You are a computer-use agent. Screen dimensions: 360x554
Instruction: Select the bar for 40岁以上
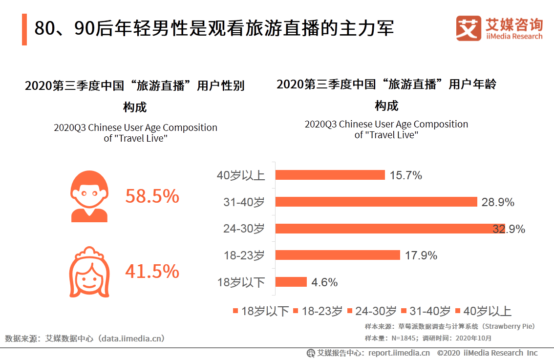[330, 175]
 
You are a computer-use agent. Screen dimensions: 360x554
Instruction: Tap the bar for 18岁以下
[291, 282]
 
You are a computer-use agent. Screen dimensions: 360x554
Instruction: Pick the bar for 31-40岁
[376, 202]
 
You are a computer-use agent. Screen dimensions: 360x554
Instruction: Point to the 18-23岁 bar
[338, 255]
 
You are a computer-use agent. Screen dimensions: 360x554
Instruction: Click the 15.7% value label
[405, 176]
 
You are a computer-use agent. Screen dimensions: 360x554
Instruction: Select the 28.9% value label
[497, 202]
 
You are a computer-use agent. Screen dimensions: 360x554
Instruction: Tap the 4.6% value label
[324, 282]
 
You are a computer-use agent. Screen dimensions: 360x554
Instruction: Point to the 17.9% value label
[421, 255]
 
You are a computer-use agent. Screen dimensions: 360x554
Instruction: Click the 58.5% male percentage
[152, 196]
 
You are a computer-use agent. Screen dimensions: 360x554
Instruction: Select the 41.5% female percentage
[152, 272]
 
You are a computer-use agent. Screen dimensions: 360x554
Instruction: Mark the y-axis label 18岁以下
[241, 282]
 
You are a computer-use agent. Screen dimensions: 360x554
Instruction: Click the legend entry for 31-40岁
[425, 311]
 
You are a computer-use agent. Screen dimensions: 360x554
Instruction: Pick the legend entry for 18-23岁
[318, 311]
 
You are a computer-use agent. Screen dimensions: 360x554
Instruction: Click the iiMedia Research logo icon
[469, 29]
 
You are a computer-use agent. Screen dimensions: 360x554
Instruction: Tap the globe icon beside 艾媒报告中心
[311, 353]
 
